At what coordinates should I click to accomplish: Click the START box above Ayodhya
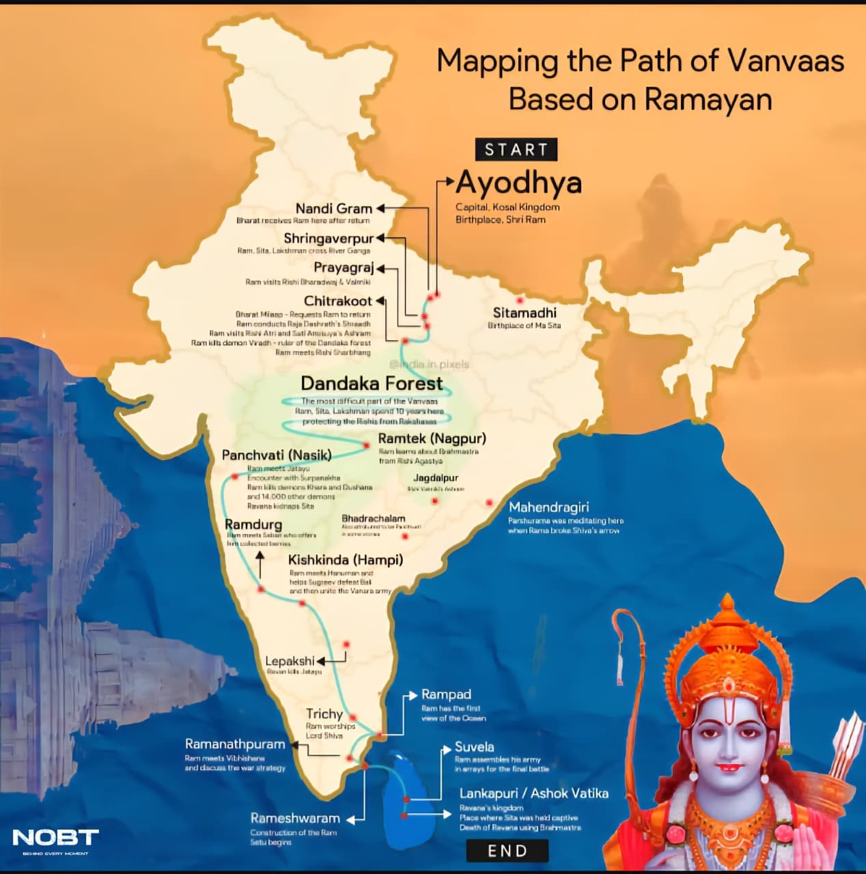(516, 150)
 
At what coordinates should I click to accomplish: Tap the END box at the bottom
(507, 851)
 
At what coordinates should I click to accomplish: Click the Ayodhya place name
(519, 182)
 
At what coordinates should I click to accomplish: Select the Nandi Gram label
(333, 208)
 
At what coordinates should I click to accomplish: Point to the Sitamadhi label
(525, 313)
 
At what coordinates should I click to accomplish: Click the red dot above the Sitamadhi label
(520, 300)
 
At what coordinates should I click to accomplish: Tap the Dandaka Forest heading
(372, 383)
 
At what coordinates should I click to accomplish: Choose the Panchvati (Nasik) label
(277, 455)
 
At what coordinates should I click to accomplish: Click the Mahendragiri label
(548, 507)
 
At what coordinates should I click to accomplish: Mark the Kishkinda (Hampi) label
(346, 560)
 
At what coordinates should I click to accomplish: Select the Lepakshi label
(290, 661)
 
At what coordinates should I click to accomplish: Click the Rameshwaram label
(295, 818)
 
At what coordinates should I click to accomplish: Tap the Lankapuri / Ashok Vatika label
(533, 793)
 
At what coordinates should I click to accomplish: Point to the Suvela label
(474, 747)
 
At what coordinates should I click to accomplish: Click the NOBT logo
(55, 838)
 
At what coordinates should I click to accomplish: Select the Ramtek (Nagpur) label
(432, 438)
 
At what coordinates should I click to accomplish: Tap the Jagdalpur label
(435, 478)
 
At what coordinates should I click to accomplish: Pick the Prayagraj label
(344, 268)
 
